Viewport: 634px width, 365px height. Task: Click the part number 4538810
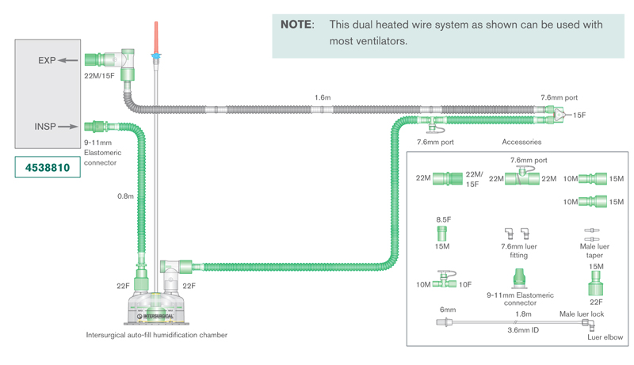click(x=47, y=168)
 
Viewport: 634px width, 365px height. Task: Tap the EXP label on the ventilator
click(x=47, y=60)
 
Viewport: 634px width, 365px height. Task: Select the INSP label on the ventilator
click(x=46, y=126)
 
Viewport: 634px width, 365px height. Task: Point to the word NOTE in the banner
click(x=296, y=25)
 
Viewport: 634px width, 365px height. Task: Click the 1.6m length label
click(x=323, y=97)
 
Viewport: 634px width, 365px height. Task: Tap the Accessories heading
click(x=521, y=143)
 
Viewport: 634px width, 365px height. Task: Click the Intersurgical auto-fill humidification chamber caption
click(x=157, y=335)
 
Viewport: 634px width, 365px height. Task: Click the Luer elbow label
click(x=605, y=337)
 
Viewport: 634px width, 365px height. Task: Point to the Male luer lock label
click(x=582, y=314)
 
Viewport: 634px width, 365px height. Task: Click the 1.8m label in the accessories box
click(x=523, y=314)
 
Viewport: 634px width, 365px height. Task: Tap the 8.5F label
click(x=443, y=219)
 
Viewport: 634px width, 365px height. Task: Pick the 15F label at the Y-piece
click(x=579, y=116)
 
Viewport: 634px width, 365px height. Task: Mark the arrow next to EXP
click(x=71, y=60)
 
